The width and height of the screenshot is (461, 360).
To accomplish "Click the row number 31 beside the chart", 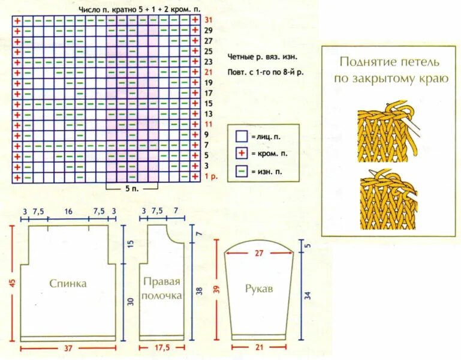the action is coord(208,20).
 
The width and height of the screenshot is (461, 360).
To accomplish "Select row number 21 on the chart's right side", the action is coord(208,72).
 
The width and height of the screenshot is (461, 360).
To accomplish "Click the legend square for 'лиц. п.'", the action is coord(241,137).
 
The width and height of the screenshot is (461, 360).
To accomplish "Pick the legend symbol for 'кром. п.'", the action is coord(241,154).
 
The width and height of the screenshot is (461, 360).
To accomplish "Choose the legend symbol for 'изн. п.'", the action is coord(241,171).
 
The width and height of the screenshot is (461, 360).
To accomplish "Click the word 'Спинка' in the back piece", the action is coord(68,283).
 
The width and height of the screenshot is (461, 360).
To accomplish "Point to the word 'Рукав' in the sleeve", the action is coord(259,289).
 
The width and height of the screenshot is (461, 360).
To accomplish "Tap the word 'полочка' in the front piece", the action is coord(162,296).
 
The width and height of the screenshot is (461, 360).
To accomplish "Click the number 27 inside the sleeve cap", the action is coord(259,253).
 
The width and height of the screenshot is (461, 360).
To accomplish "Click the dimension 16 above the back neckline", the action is coord(68,211).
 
